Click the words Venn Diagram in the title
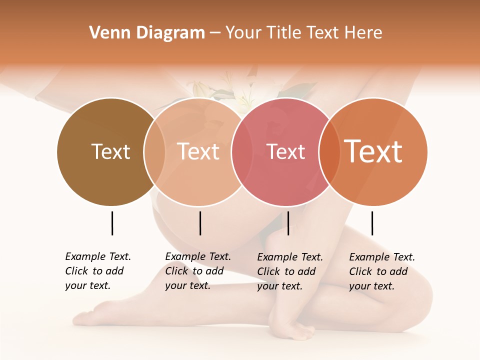[x=147, y=33]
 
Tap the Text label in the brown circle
[x=110, y=151]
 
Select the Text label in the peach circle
[x=198, y=151]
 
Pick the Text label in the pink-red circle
[x=285, y=151]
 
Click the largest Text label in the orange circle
[x=373, y=151]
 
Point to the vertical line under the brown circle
[x=112, y=223]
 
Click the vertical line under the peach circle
[x=200, y=223]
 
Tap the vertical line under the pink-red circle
[x=288, y=223]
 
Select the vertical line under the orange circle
[x=372, y=223]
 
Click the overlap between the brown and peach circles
[x=154, y=151]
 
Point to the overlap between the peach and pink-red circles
[x=242, y=151]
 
